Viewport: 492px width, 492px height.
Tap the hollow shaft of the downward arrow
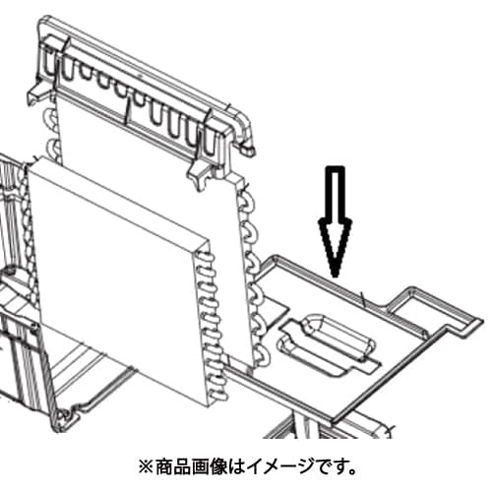pos(335,194)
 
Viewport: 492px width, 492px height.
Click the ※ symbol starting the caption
pos(146,467)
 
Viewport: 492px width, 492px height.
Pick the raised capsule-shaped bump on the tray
pos(339,337)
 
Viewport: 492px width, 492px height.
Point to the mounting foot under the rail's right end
pos(200,174)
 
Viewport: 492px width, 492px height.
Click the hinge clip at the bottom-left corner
pos(64,418)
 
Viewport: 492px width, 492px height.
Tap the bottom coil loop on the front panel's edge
pos(217,397)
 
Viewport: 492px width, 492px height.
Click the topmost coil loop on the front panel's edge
pos(205,257)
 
